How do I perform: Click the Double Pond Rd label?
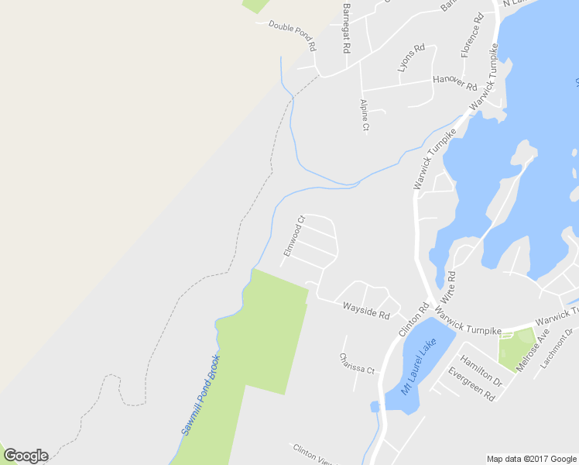tap(293, 36)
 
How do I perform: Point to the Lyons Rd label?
tap(411, 58)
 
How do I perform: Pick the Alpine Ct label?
tap(364, 115)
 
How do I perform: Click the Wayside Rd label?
tap(366, 311)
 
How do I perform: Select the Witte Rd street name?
tap(447, 286)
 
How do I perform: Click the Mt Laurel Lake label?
tap(418, 367)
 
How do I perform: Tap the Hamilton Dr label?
tap(481, 370)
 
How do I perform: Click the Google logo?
tap(26, 456)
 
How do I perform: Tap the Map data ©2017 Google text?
tap(532, 459)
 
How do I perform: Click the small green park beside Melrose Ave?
tap(514, 349)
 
